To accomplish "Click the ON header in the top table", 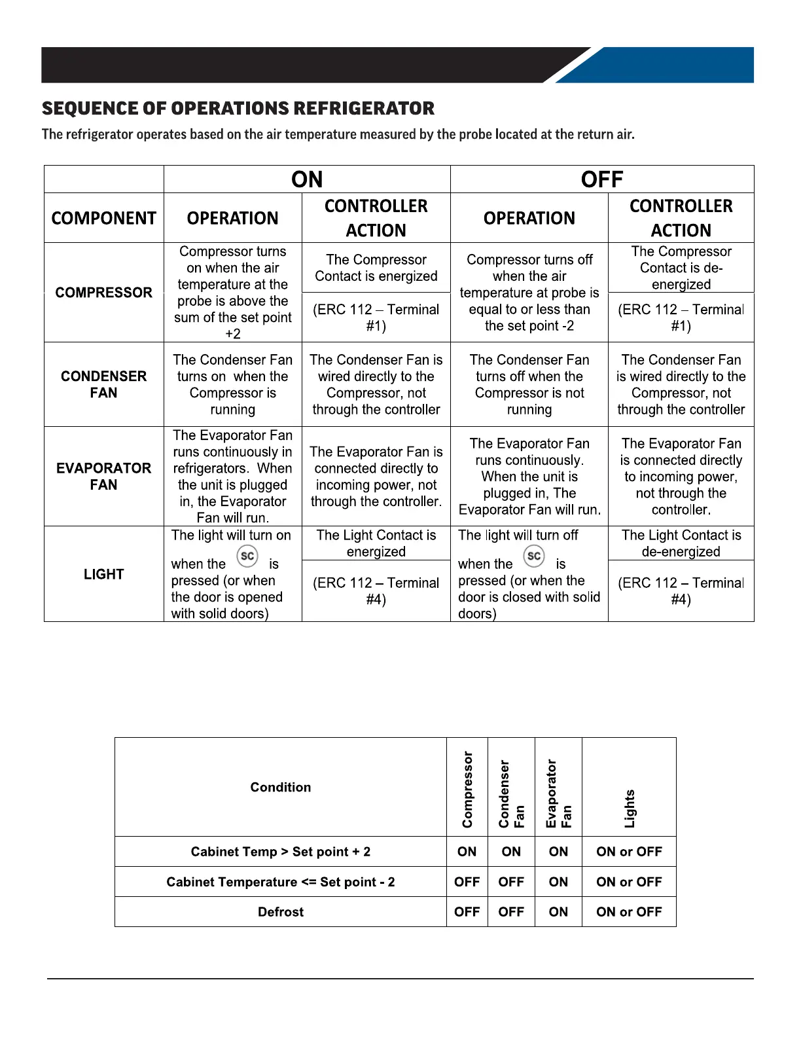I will click(x=307, y=179).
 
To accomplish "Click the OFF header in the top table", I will click(x=602, y=179).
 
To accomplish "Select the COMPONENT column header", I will click(x=103, y=218).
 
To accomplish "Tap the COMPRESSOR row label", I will click(x=103, y=293).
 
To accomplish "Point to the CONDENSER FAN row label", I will click(x=103, y=384).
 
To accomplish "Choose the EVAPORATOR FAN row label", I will click(x=103, y=477).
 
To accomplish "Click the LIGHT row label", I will click(x=103, y=574).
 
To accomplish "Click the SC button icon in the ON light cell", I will click(x=247, y=556).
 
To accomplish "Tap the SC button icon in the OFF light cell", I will click(x=534, y=556).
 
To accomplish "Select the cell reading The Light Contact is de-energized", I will click(x=681, y=543).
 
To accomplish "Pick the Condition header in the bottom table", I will click(x=281, y=788).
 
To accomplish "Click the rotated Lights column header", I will click(x=630, y=809).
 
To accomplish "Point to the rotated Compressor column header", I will click(x=467, y=789).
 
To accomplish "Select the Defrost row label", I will click(x=281, y=912).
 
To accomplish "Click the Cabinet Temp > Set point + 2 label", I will click(x=281, y=852).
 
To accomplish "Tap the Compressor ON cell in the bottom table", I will click(x=467, y=852).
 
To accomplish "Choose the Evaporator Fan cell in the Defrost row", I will click(x=558, y=912).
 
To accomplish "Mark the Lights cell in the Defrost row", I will click(x=629, y=912).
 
